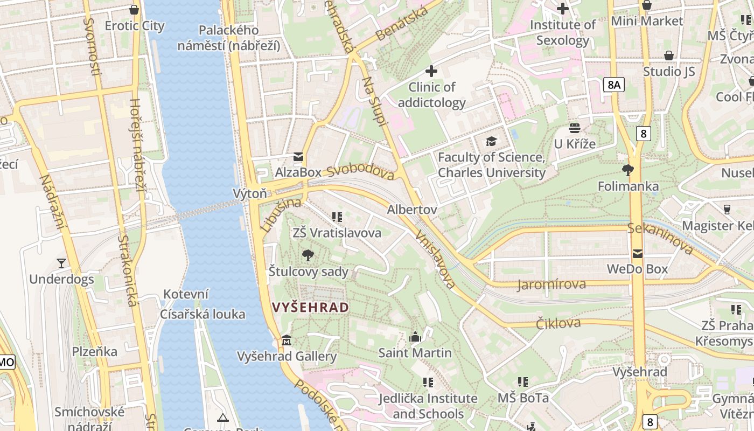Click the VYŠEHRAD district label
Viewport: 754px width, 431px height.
310,308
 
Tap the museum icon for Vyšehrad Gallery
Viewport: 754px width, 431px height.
287,341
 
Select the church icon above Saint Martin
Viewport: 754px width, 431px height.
415,337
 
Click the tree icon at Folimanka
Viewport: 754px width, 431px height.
627,171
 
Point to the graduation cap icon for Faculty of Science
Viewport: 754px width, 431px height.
491,142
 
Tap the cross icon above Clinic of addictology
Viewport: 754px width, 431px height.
431,71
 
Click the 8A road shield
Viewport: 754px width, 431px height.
613,85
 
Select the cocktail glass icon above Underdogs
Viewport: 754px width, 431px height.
61,263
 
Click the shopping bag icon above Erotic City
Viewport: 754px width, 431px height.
134,10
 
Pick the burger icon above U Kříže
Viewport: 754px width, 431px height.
575,128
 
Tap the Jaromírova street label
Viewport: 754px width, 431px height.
551,284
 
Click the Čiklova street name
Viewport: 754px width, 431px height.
558,323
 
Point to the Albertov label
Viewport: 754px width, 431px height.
412,209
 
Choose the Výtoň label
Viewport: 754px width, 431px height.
249,193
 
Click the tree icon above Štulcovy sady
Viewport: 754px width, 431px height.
308,255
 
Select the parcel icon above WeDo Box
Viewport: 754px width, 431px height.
638,253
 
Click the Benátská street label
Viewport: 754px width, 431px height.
402,24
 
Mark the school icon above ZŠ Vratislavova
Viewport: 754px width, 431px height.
337,217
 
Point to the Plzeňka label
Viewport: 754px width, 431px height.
95,352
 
